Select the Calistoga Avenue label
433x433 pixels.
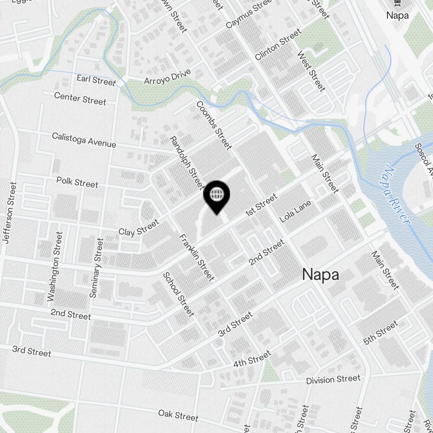tap(84, 140)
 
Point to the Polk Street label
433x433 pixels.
tap(78, 182)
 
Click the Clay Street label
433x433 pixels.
tap(139, 228)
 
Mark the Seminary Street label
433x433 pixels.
tap(96, 268)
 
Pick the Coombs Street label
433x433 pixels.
tap(214, 126)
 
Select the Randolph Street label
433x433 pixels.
tap(186, 163)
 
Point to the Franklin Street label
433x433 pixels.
tap(197, 257)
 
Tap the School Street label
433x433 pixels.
tap(178, 294)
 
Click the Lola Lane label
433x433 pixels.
tap(295, 211)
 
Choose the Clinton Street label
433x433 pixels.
tap(278, 45)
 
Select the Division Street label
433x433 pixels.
tap(333, 380)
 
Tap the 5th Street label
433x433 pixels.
tap(381, 333)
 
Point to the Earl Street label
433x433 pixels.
tap(96, 80)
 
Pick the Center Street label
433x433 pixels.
tap(80, 98)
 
